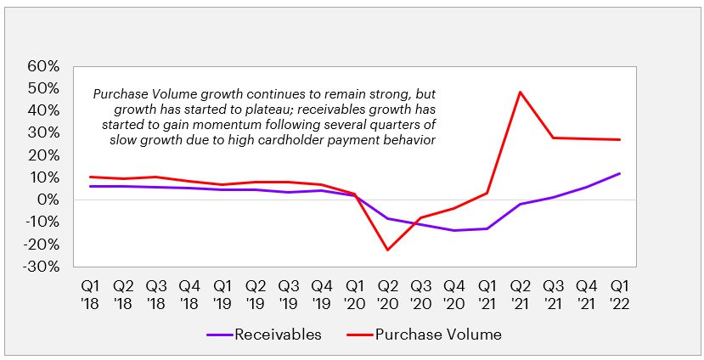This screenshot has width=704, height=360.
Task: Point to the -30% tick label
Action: tap(42, 267)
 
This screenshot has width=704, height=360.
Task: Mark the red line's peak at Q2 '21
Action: tap(520, 92)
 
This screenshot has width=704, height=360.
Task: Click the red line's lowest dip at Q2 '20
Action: tap(388, 250)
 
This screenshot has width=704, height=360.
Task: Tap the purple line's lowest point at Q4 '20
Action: tap(454, 230)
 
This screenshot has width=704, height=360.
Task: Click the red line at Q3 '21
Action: tap(553, 138)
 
